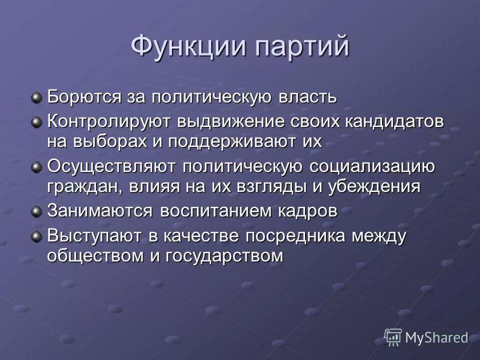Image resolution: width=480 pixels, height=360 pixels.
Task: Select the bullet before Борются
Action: click(36, 96)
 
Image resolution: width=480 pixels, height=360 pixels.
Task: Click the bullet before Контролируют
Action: click(36, 122)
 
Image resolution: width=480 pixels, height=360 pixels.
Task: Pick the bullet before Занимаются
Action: click(36, 211)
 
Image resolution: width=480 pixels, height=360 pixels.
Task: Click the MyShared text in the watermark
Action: click(436, 337)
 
